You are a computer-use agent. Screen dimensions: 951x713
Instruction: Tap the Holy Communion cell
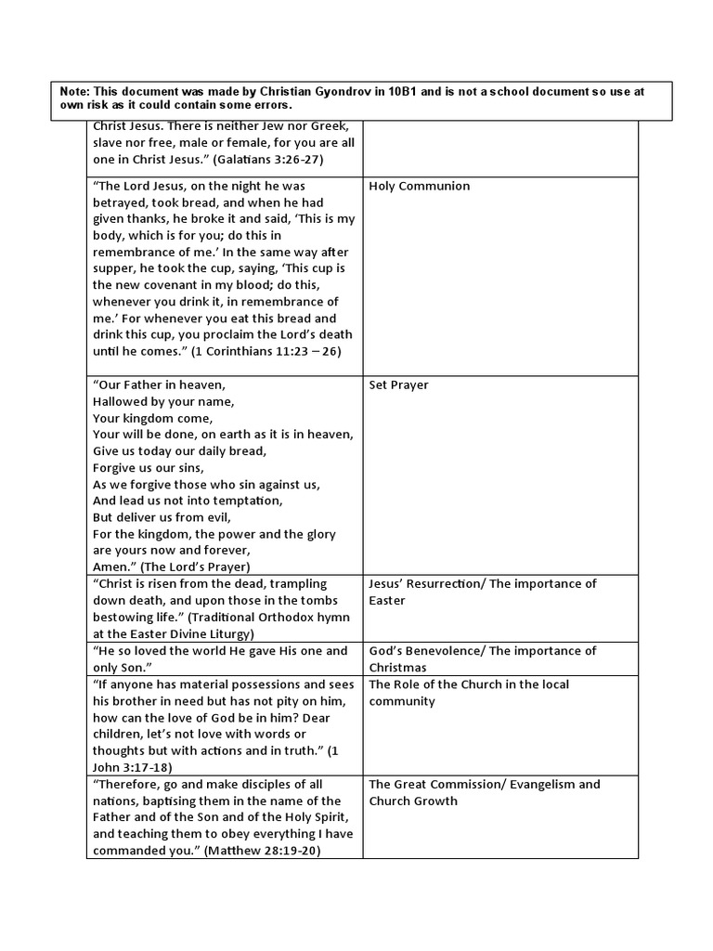(419, 186)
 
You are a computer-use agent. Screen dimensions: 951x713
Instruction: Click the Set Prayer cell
(398, 384)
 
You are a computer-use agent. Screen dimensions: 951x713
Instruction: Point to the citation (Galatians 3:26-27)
(274, 159)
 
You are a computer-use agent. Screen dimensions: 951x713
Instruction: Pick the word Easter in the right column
(388, 601)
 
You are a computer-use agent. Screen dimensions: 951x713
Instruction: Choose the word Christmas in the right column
(397, 668)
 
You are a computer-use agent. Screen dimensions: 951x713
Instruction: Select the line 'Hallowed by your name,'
(163, 401)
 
